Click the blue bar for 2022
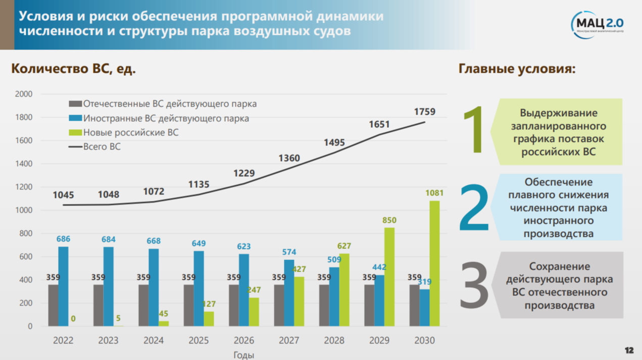point(63,286)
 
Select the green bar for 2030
point(434,263)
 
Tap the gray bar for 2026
point(234,305)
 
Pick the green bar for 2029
point(389,277)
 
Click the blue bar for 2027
point(289,293)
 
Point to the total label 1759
point(424,112)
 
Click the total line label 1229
point(244,173)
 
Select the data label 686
point(63,239)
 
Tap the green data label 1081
point(434,193)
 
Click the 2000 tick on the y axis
point(24,94)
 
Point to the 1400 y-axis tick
point(24,164)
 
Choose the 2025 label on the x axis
point(199,341)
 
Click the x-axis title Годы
point(244,355)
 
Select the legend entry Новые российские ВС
point(131,133)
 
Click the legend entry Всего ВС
point(102,147)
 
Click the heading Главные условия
point(517,69)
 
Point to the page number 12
point(629,350)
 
